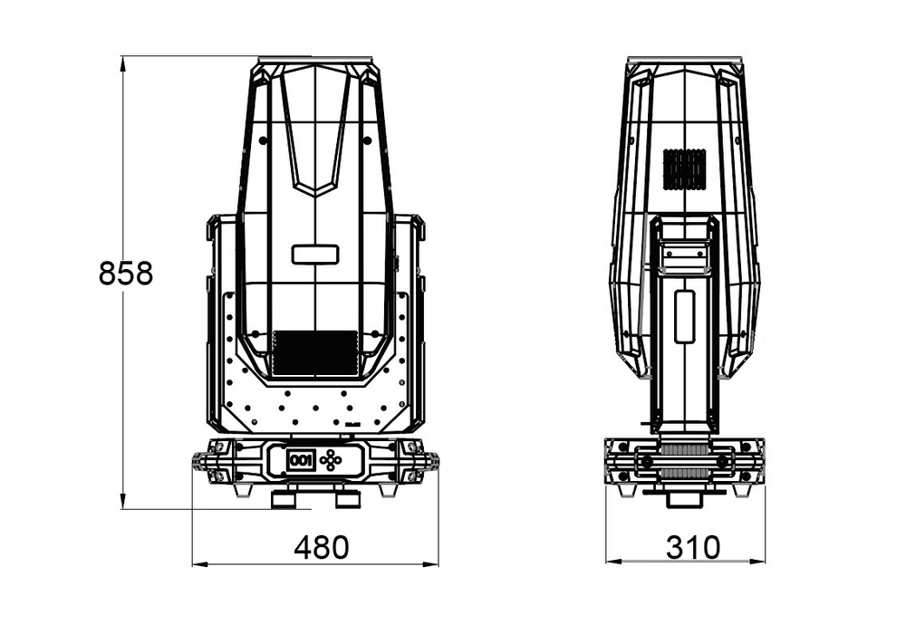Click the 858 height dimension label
pos(126,273)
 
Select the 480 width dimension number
pos(321,547)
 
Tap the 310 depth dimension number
pos(693,547)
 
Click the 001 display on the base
pos(300,460)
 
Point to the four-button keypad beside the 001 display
pos(333,460)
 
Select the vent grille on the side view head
pos(684,169)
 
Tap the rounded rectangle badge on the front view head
pos(315,255)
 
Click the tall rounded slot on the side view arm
pos(685,316)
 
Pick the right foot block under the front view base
pos(347,498)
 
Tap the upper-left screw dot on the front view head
pos(263,141)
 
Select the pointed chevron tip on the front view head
pos(315,193)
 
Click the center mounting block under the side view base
pos(684,496)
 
